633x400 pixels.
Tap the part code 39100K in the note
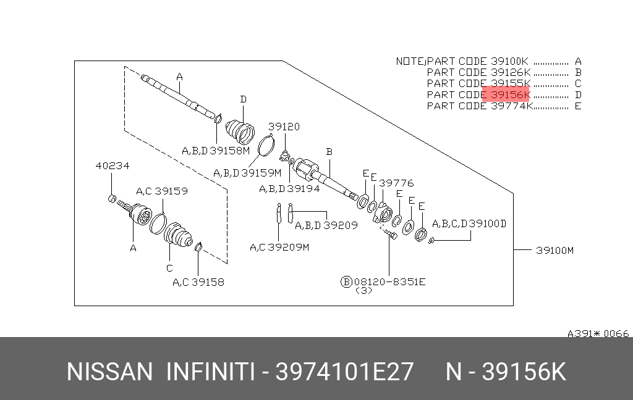509,61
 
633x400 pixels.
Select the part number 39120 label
284,127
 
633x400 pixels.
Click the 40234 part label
113,165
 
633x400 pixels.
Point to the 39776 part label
396,183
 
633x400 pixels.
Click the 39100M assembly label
554,251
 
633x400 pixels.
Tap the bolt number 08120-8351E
389,282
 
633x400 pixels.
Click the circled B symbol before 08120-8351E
346,282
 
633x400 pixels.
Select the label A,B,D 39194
289,189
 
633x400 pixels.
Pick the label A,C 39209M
279,247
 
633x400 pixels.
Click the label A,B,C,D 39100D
469,224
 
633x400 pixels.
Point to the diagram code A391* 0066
598,333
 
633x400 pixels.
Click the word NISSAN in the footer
110,372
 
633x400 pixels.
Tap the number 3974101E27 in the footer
344,372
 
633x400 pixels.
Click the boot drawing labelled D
240,130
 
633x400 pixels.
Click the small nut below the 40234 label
113,198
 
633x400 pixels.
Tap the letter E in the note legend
578,106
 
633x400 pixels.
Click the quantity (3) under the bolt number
363,291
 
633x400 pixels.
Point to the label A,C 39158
198,282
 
